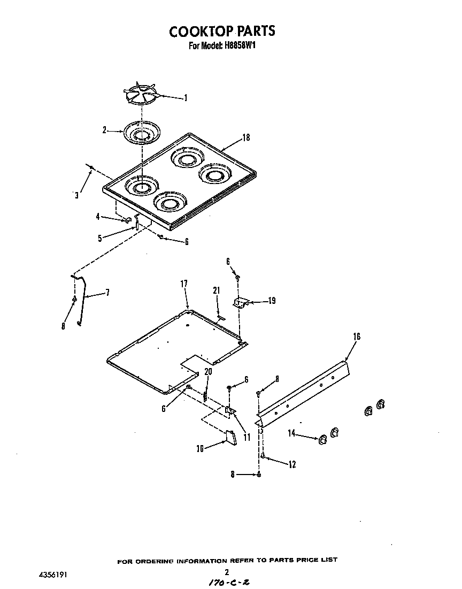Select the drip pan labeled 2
click(x=141, y=132)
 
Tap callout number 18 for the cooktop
click(x=246, y=137)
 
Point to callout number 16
click(x=357, y=336)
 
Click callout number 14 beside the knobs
click(x=291, y=434)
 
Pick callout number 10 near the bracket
click(x=199, y=449)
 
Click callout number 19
click(x=272, y=301)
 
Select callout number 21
click(x=216, y=290)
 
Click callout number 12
click(x=292, y=464)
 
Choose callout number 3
click(x=76, y=195)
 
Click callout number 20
click(x=209, y=371)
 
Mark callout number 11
click(x=247, y=437)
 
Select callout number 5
click(x=100, y=238)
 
